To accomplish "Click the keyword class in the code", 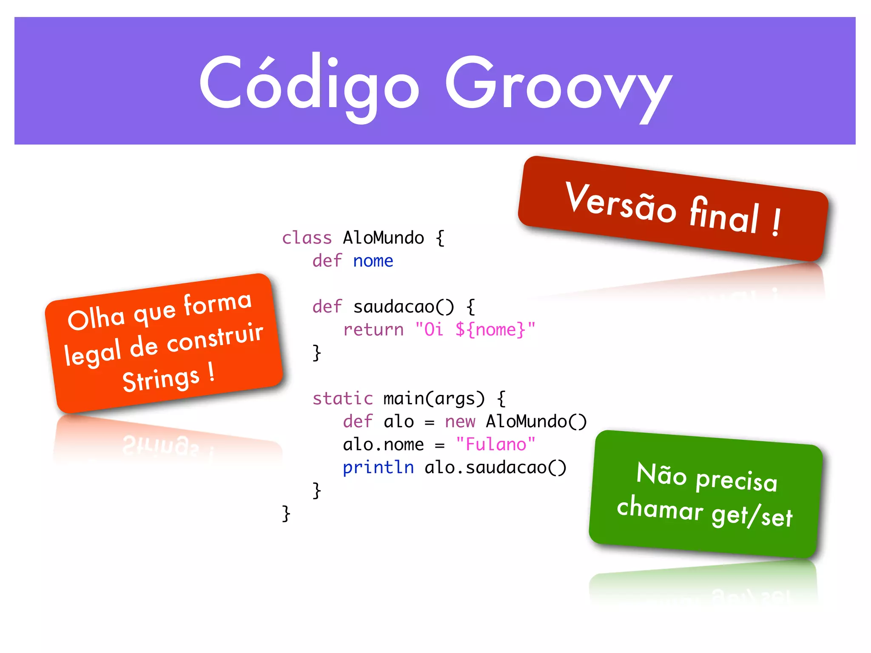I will coord(307,238).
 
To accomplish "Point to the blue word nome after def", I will coord(373,261).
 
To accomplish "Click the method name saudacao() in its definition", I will coord(403,307).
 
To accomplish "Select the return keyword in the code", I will coord(373,330).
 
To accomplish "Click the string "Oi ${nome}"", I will coord(475,330).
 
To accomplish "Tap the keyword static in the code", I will coord(342,399).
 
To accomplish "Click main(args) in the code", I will coord(434,399).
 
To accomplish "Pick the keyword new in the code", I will coord(460,422).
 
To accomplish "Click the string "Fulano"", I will coord(495,445).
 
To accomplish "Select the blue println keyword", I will coord(378,468).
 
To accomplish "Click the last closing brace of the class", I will coord(286,514).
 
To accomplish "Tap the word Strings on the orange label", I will coord(161,379).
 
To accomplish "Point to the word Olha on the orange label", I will coord(96,319).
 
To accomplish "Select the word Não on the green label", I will coord(661,474).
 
